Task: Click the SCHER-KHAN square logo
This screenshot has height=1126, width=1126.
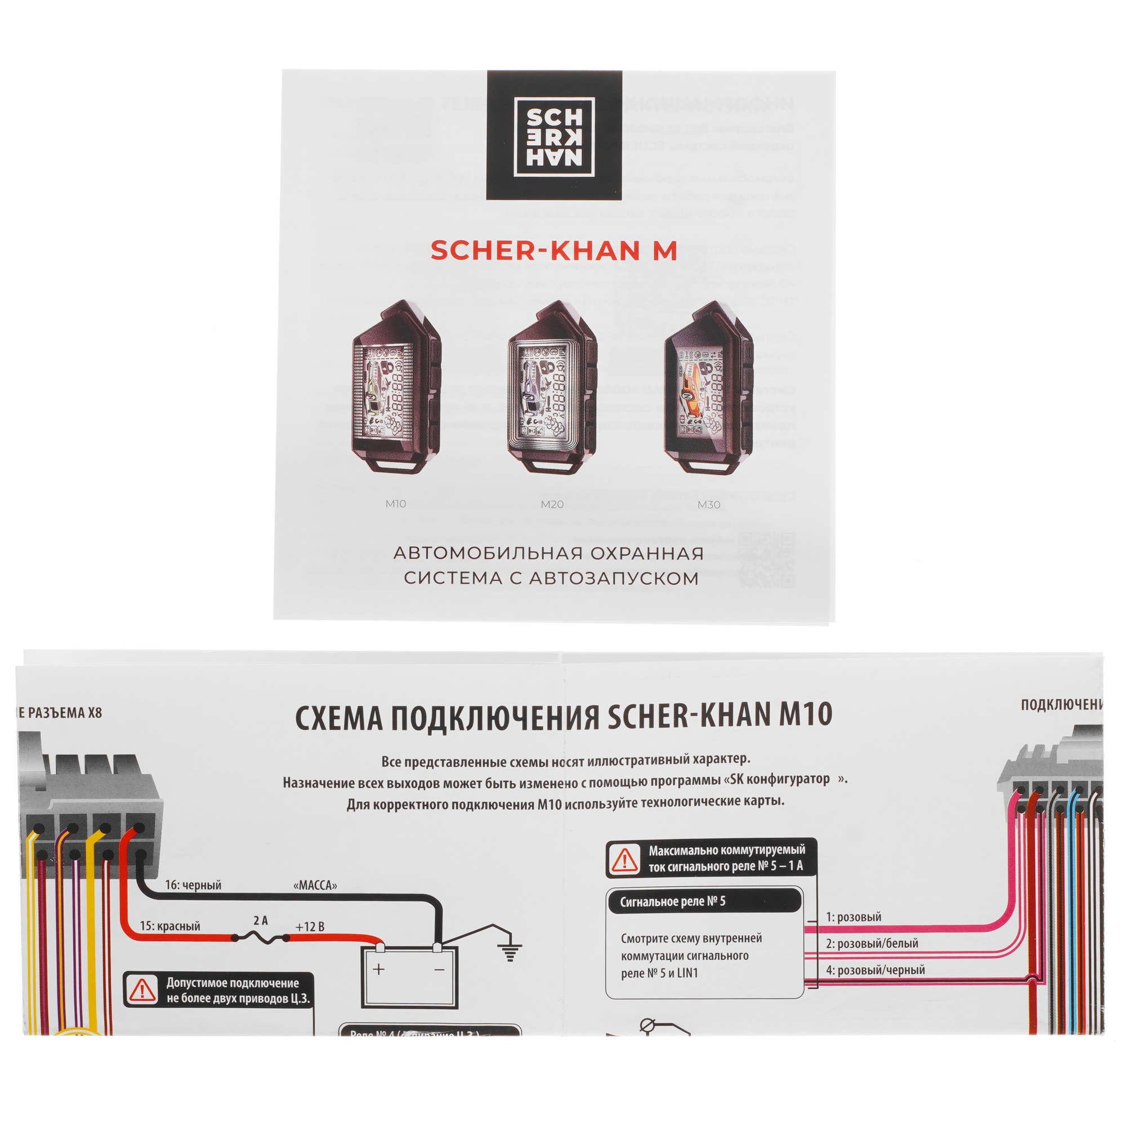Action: [x=553, y=136]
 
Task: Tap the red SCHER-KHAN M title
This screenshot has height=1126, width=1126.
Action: [x=553, y=251]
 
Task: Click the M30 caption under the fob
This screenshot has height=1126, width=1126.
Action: [x=709, y=504]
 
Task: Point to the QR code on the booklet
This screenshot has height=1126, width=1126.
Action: [x=765, y=560]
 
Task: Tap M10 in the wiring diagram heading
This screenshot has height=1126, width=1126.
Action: [x=806, y=714]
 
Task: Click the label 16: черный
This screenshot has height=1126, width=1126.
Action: [x=193, y=885]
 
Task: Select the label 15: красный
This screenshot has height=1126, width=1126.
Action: [x=169, y=926]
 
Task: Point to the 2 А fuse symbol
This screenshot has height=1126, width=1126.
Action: [x=260, y=938]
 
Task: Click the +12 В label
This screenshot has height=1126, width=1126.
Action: [x=310, y=927]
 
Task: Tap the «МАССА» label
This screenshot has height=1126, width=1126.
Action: [x=315, y=886]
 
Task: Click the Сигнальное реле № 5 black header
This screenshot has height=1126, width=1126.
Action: [x=703, y=901]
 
